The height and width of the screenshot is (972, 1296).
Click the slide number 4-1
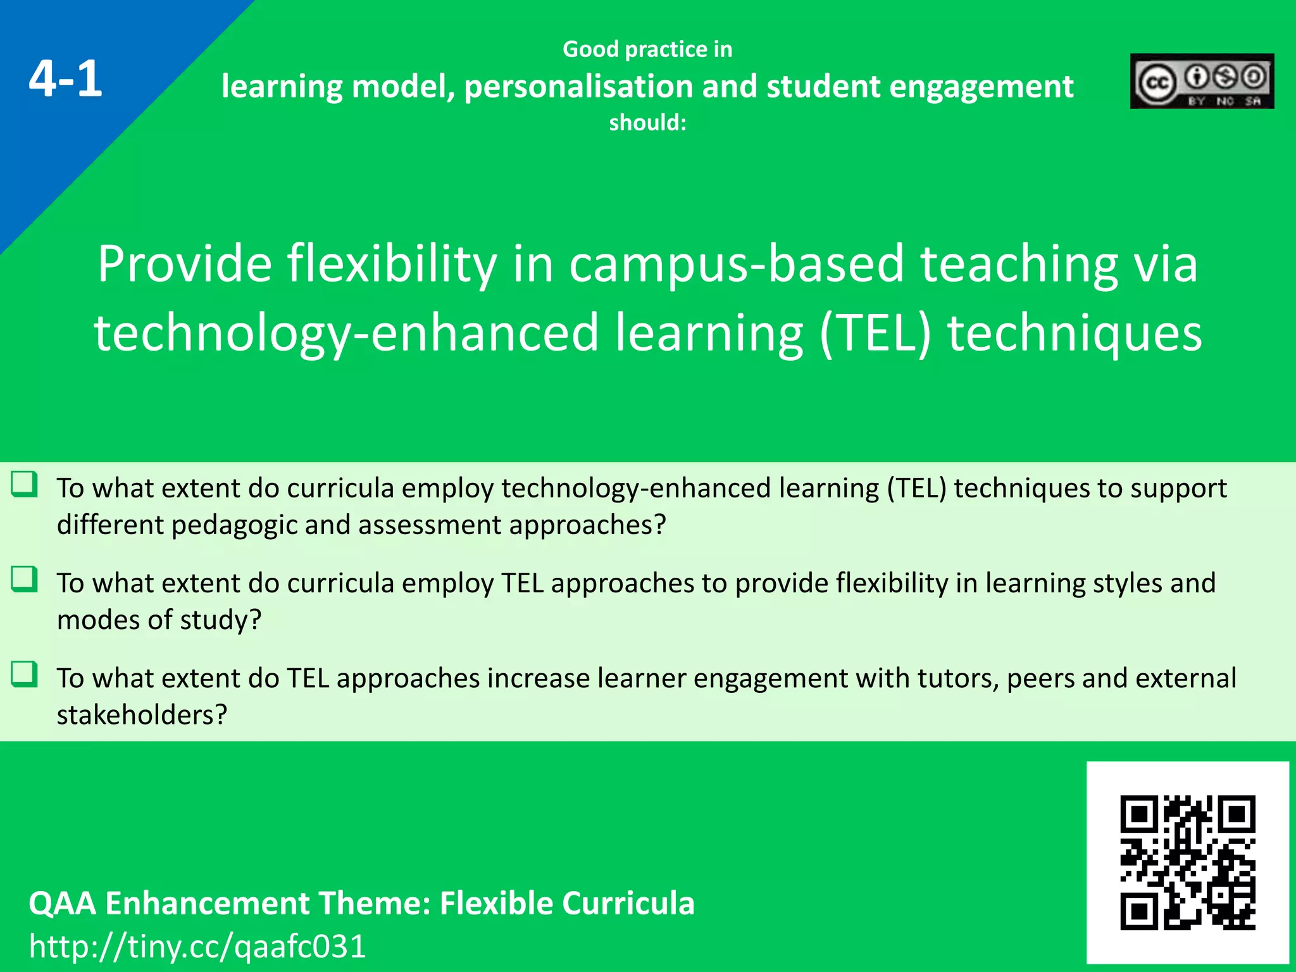pyautogui.click(x=65, y=79)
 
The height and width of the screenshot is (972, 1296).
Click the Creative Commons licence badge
pyautogui.click(x=1202, y=81)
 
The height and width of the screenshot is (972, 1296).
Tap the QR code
pyautogui.click(x=1187, y=863)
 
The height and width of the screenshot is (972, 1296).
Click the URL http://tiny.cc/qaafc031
pyautogui.click(x=197, y=947)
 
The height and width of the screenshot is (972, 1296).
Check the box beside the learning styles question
pyautogui.click(x=25, y=579)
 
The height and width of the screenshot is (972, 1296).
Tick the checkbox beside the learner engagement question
pyautogui.click(x=25, y=674)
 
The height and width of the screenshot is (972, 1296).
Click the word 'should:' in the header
pyautogui.click(x=647, y=122)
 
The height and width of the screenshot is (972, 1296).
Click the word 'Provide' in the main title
pyautogui.click(x=184, y=264)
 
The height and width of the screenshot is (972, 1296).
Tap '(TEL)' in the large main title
pyautogui.click(x=875, y=333)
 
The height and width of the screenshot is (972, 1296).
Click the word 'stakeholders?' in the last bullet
pyautogui.click(x=142, y=715)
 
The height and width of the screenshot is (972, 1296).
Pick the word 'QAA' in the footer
pyautogui.click(x=62, y=903)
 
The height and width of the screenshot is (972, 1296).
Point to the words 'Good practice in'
pyautogui.click(x=647, y=49)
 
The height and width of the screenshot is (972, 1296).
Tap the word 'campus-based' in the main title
pyautogui.click(x=737, y=264)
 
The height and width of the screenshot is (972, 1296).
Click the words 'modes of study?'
pyautogui.click(x=159, y=620)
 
